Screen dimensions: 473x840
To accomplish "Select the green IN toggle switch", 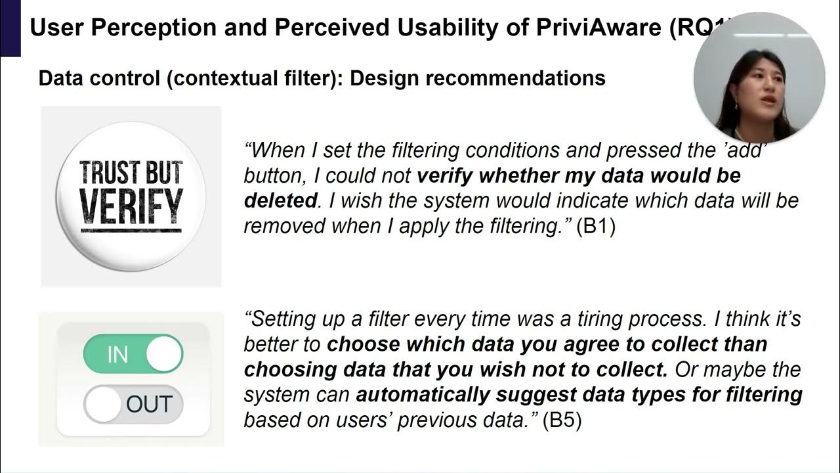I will [x=133, y=355].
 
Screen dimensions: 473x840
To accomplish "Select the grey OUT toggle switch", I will [x=133, y=404].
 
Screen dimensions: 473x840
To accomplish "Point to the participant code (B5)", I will [x=562, y=420].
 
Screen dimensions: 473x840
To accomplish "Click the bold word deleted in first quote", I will [x=280, y=200].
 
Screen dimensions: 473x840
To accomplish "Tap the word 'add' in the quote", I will [x=747, y=150].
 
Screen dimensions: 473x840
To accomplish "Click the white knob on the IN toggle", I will [x=163, y=355].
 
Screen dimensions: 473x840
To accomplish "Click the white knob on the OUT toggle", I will [x=103, y=404].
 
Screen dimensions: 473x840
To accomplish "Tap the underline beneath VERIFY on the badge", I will [x=131, y=231].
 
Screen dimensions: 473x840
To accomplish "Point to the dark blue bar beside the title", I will [x=10, y=28].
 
